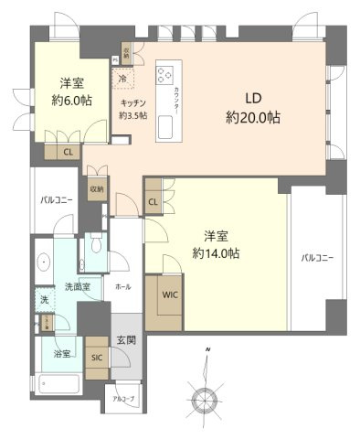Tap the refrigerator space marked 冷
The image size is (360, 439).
[x=122, y=80]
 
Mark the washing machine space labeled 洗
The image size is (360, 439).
[x=43, y=300]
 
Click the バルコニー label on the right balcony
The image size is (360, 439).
[x=317, y=259]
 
